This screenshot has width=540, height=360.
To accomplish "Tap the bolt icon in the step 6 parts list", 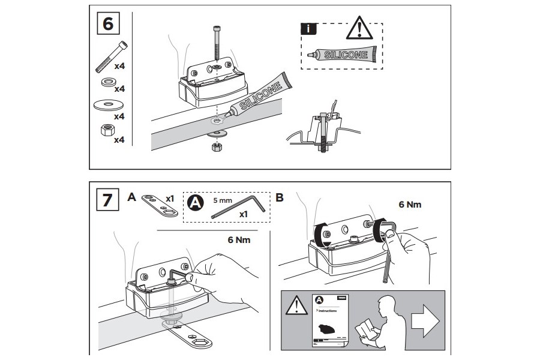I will [111, 56].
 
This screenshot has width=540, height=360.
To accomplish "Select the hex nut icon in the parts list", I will [104, 131].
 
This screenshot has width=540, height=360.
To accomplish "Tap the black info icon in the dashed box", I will [307, 29].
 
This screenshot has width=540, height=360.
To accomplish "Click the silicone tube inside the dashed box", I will [340, 55].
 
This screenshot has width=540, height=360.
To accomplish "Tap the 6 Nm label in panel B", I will [410, 205].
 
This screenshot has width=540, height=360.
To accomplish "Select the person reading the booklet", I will [376, 322].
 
